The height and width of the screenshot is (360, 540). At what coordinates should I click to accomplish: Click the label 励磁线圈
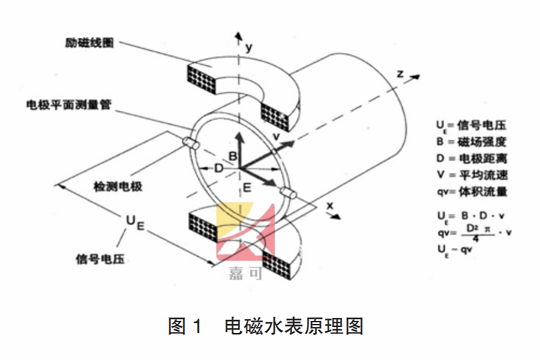pos(89,44)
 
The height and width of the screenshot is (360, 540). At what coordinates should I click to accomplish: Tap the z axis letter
pos(399,73)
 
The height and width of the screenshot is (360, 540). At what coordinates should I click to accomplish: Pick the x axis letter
pos(329,205)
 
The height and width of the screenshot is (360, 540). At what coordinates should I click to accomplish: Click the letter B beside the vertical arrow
pos(235,157)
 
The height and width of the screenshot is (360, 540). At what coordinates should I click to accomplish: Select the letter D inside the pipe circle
pos(218,169)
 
